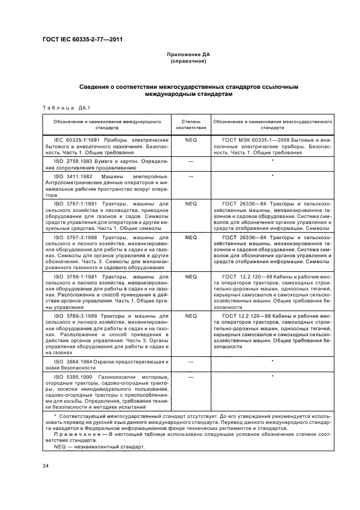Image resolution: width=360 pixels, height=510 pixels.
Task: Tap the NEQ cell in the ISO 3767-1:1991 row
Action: pyautogui.click(x=191, y=204)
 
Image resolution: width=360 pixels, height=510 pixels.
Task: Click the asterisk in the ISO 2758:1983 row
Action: pyautogui.click(x=272, y=162)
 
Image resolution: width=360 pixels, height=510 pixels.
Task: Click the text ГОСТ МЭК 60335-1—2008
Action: pyautogui.click(x=255, y=140)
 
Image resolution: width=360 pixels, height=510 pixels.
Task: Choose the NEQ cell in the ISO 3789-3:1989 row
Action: pyautogui.click(x=191, y=315)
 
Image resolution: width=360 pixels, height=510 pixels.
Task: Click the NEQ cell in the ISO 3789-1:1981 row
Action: pyautogui.click(x=191, y=277)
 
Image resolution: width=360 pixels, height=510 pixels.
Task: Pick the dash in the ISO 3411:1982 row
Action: pyautogui.click(x=191, y=176)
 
